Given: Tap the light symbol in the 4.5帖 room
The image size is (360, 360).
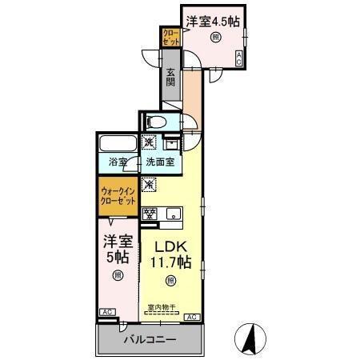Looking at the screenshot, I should click(215, 38).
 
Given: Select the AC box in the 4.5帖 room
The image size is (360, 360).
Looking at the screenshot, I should click(238, 57).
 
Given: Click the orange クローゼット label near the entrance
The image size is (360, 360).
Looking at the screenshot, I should click(170, 38).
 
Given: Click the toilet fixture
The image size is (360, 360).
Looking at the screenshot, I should click(157, 122).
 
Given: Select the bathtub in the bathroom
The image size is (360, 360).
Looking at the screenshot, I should click(118, 146).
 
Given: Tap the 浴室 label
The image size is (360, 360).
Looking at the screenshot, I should click(118, 162).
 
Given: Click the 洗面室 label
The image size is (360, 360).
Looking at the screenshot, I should click(161, 162).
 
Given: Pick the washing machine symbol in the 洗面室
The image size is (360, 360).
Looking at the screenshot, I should click(150, 143).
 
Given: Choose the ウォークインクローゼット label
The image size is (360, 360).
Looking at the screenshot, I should click(118, 197).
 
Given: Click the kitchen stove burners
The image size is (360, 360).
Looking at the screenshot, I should click(150, 213).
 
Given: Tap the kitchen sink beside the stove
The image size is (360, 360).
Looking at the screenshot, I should click(172, 214).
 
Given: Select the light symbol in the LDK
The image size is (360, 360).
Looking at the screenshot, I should click(169, 280).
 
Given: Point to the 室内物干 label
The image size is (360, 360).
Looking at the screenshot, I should click(160, 307).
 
